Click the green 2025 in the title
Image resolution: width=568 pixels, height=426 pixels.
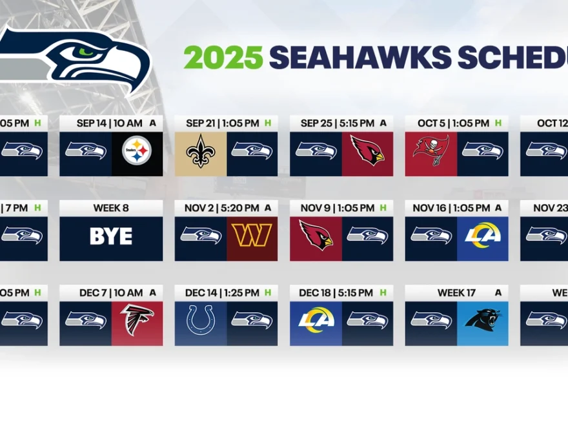[x=223, y=57]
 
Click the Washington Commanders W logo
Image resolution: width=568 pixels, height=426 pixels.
[x=252, y=236]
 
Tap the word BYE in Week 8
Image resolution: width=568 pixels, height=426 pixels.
[x=111, y=236]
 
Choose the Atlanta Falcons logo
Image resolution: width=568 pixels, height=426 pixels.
[x=137, y=320]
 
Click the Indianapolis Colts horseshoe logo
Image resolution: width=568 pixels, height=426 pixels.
[x=200, y=320]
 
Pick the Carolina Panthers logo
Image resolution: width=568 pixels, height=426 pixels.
[x=482, y=320]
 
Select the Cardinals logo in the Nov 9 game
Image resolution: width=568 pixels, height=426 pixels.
[x=316, y=236]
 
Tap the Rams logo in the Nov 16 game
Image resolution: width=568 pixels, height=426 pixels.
[x=482, y=236]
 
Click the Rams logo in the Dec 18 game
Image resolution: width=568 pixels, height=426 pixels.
[x=316, y=320]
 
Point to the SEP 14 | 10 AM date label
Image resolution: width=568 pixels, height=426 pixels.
[x=105, y=123]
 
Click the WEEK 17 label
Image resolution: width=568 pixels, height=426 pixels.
[x=456, y=293]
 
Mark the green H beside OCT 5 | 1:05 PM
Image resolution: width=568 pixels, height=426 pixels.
[x=498, y=123]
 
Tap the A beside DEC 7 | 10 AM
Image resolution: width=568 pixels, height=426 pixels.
[x=153, y=293]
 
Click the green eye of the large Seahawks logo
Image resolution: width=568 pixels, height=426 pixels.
[x=85, y=52]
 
